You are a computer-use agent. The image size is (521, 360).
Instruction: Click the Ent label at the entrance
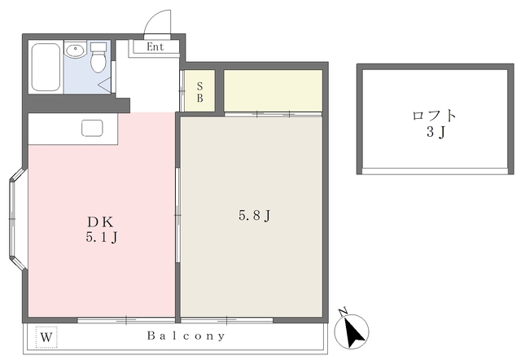tap(155, 46)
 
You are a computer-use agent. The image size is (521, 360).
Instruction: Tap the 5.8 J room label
tap(254, 217)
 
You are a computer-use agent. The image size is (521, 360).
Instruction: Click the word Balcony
tap(186, 336)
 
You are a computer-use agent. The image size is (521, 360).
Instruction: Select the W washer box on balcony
tap(46, 336)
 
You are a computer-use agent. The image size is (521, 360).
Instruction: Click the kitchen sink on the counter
tap(90, 128)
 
